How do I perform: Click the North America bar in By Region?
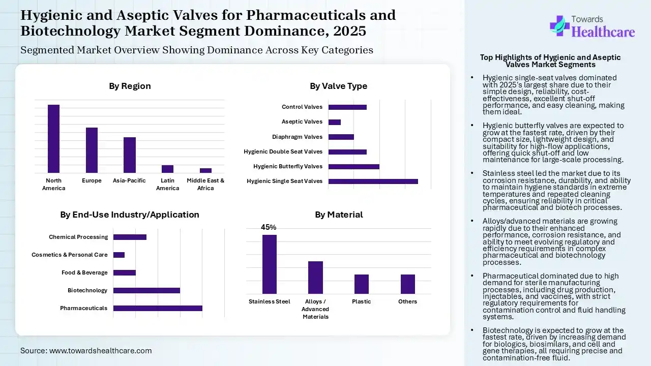(x=53, y=139)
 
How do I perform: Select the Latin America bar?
(x=167, y=169)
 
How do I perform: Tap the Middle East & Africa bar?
(x=205, y=170)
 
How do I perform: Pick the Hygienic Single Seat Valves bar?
(x=373, y=181)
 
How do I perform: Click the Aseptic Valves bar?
(x=335, y=122)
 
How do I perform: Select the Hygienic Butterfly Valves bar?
(x=354, y=166)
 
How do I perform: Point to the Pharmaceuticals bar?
(x=158, y=308)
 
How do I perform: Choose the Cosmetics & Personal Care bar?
(x=119, y=255)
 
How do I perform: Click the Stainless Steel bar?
(x=270, y=264)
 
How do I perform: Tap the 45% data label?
(x=269, y=227)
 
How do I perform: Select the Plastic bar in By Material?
(x=362, y=284)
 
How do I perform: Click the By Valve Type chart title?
(x=338, y=86)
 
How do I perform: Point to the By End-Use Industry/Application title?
(x=130, y=215)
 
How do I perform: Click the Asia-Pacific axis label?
(x=129, y=180)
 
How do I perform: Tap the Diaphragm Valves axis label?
(x=298, y=137)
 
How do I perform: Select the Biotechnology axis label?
(x=87, y=290)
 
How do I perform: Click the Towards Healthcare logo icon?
(x=559, y=25)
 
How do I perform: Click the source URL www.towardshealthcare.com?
(x=100, y=351)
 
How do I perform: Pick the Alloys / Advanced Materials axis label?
(x=315, y=309)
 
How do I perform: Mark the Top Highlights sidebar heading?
(x=550, y=61)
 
